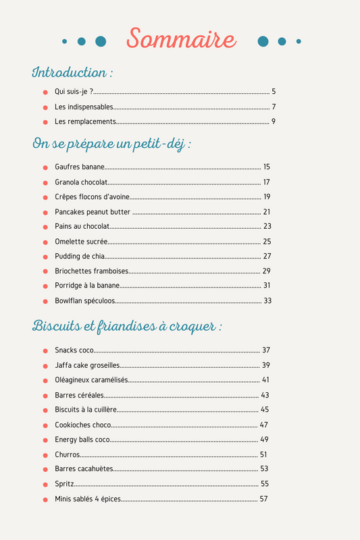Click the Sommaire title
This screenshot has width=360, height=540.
(x=181, y=39)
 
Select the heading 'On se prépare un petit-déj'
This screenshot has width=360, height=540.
(x=111, y=144)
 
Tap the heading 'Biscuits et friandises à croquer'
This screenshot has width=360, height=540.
(x=127, y=327)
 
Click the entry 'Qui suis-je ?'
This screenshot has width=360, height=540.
(x=74, y=92)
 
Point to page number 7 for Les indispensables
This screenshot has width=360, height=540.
(x=274, y=107)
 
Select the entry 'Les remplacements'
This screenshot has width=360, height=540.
(x=86, y=122)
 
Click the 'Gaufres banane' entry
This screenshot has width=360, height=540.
(x=80, y=167)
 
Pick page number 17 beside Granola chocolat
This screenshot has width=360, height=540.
(x=267, y=182)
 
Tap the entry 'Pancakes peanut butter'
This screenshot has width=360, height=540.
(x=93, y=212)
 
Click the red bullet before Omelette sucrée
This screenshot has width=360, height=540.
(x=45, y=242)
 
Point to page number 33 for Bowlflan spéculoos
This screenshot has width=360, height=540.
(x=267, y=301)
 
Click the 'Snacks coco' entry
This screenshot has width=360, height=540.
(x=74, y=350)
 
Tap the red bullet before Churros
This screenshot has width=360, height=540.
(x=45, y=455)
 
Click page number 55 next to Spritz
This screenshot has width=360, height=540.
(x=265, y=484)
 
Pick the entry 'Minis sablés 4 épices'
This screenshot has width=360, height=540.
(x=88, y=499)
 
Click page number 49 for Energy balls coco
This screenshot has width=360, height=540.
(x=264, y=439)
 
